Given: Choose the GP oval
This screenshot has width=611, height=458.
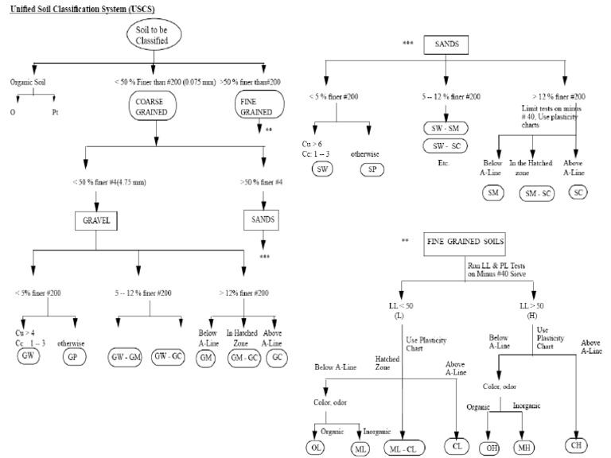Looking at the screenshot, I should (76, 357).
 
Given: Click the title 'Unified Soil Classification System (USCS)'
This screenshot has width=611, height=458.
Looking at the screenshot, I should (83, 7).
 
